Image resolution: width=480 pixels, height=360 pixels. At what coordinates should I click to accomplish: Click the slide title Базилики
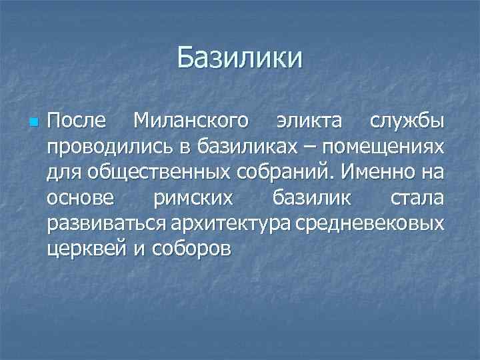[x=240, y=58]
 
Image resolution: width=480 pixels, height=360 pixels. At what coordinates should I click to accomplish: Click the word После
[x=76, y=122]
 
